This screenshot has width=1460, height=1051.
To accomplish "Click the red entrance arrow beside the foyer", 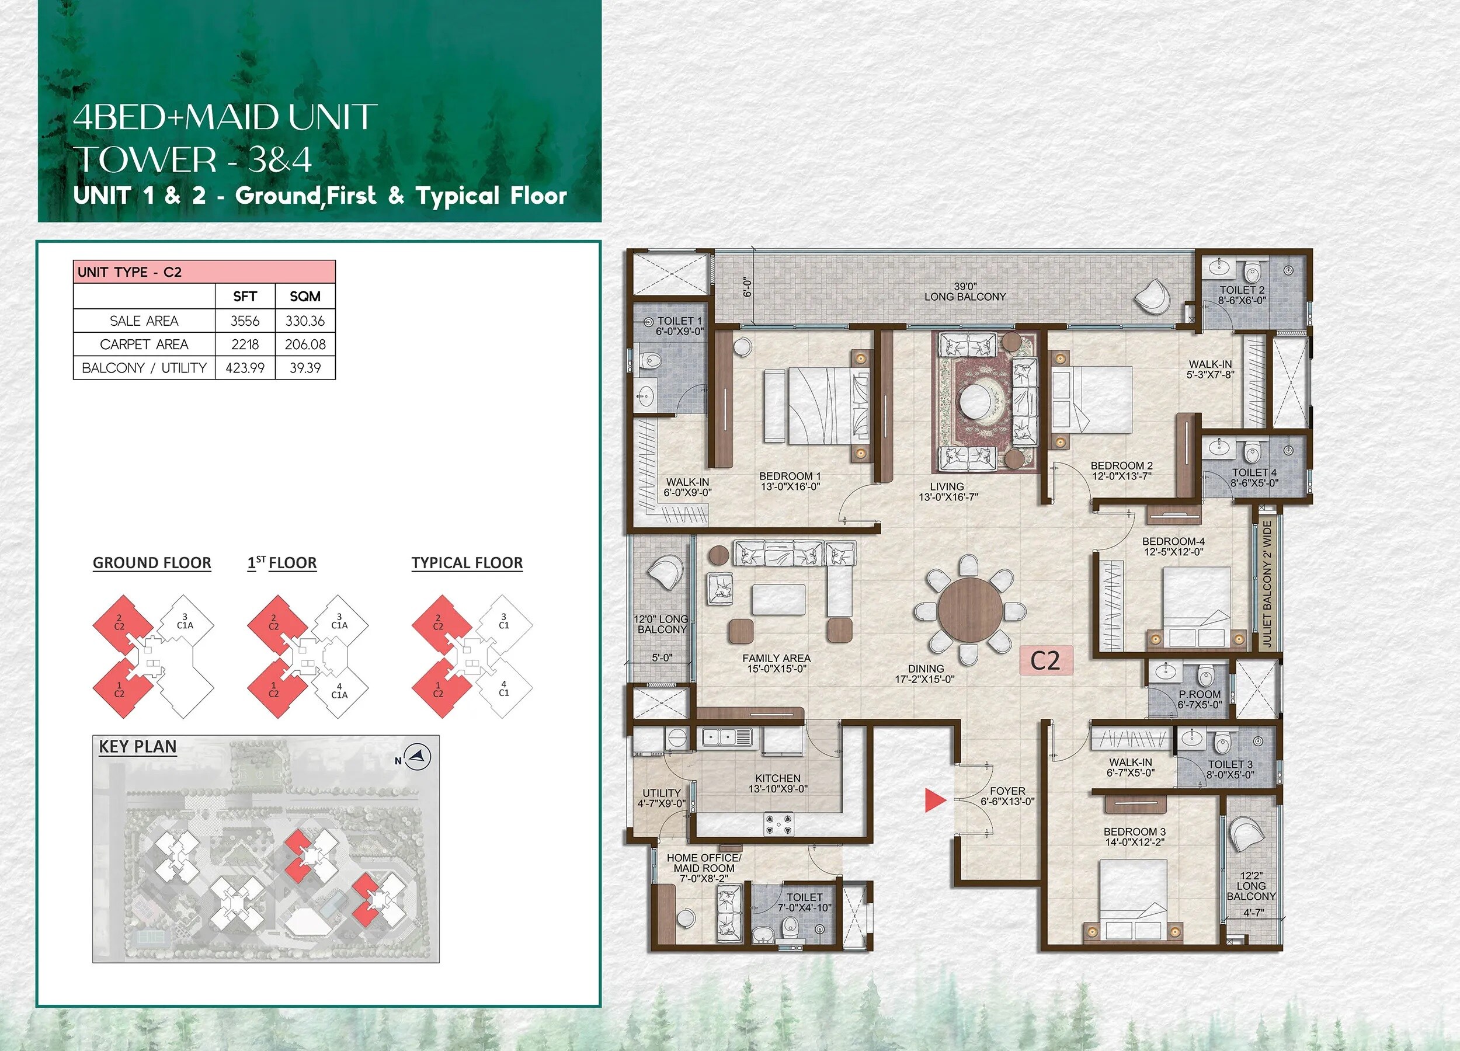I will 935,800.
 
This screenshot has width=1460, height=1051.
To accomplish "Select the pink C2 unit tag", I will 1045,660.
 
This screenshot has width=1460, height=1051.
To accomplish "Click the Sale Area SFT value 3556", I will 245,321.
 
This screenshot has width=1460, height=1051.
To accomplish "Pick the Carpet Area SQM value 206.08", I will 305,344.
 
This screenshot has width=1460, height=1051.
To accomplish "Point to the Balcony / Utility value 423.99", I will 245,368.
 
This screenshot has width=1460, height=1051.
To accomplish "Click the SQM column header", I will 305,296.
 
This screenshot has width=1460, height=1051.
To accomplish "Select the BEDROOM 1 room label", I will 790,481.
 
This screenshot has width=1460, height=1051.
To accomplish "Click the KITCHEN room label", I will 778,782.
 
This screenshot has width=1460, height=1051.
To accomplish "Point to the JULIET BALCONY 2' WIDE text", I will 1267,583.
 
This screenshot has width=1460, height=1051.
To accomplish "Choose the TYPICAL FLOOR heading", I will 467,563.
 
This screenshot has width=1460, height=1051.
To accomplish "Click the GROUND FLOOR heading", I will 152,563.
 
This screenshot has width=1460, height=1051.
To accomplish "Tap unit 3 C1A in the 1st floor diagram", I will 339,621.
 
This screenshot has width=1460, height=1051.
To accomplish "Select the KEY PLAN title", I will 138,747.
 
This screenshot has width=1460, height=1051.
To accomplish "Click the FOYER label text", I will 1007,791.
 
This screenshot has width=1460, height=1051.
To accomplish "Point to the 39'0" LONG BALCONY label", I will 965,291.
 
